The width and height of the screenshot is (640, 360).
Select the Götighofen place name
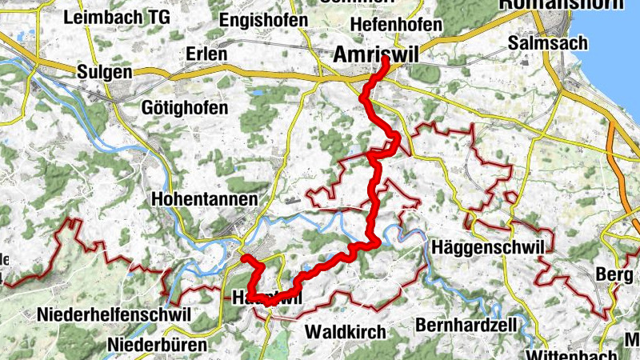tap(184, 107)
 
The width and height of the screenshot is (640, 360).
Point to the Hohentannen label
tap(204, 198)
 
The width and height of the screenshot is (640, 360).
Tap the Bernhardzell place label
tap(465, 326)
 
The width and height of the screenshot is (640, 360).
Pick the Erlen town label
tap(206, 54)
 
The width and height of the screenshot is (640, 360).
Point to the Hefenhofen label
tap(396, 25)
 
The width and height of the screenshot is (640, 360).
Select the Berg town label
tap(614, 274)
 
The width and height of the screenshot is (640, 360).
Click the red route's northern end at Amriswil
tap(386, 60)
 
